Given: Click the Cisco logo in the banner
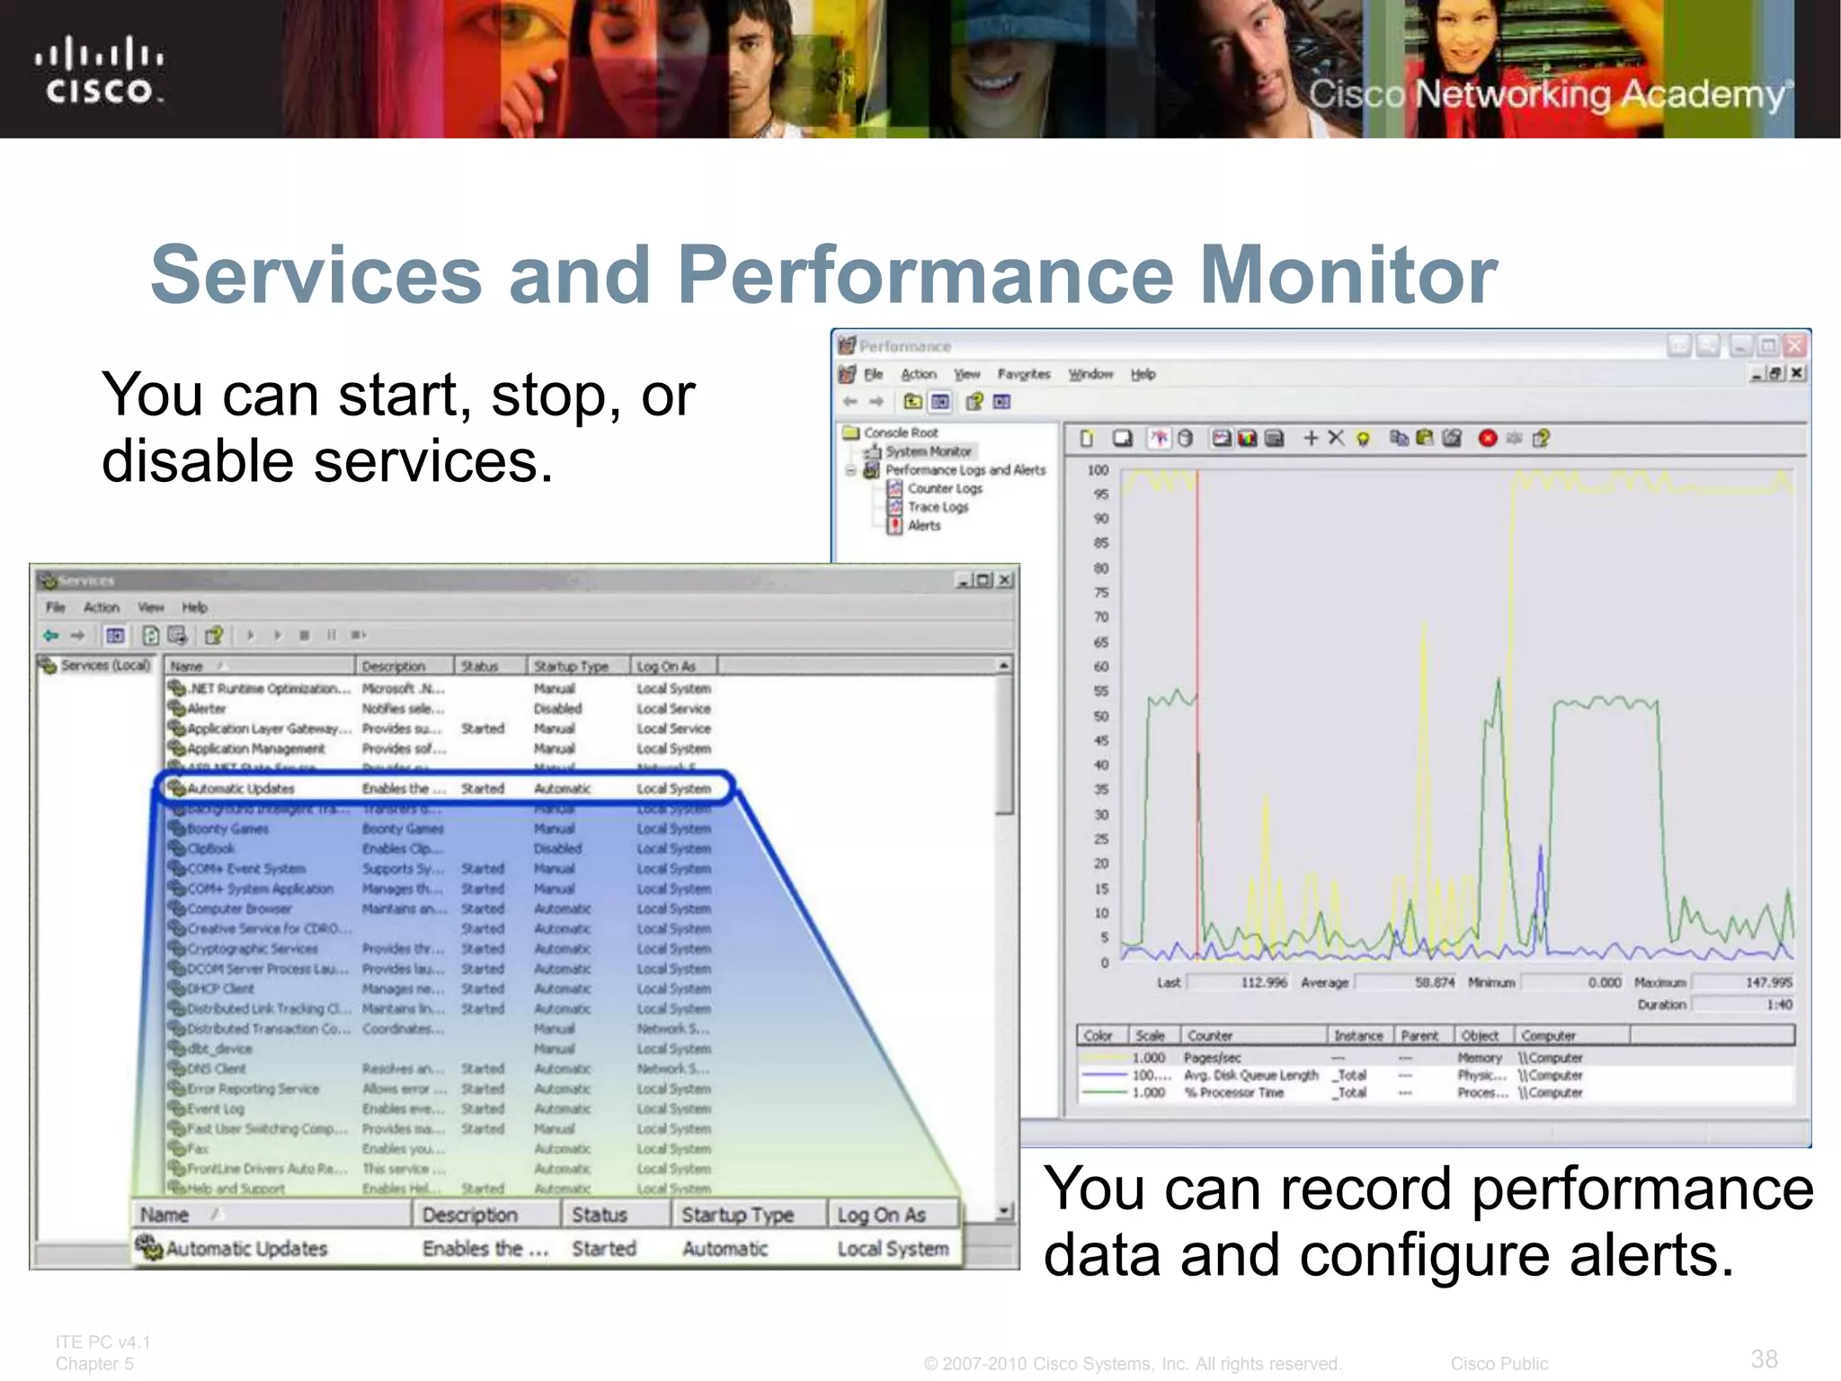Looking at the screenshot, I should pos(99,70).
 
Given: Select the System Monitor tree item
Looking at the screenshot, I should pos(928,451).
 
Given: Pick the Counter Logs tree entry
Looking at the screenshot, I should pos(945,488).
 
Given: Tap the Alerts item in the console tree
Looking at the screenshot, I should pos(924,525).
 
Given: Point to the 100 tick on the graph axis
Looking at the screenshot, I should pos(1098,470).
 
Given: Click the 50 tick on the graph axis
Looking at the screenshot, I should pos(1100,716).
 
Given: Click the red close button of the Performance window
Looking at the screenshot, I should pos(1795,345).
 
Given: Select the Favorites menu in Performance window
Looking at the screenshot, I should pos(1023,374).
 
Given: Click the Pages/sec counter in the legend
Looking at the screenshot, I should pos(1212,1057).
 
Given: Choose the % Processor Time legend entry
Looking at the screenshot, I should pos(1233,1092).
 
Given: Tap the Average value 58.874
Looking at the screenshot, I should pos(1434,983).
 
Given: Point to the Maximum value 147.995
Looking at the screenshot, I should pos(1768,983).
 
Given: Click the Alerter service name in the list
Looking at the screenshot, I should pos(207,708).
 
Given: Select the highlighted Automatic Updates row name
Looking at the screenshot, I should pos(241,789).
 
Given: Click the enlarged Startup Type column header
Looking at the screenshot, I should pos(737,1216).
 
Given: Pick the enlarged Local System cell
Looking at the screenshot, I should pos(893,1249).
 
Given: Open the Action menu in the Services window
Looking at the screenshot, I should pos(102,607).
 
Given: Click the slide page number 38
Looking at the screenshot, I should pos(1764,1359).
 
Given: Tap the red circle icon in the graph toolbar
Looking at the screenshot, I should pos(1488,438).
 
